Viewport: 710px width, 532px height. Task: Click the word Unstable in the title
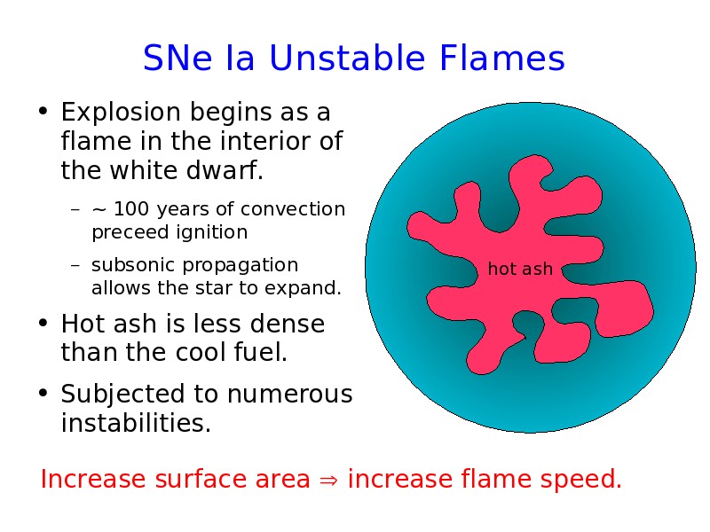point(347,58)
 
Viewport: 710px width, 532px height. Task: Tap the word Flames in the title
point(502,58)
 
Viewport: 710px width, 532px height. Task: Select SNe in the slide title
point(177,58)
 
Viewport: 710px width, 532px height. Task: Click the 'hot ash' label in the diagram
point(520,269)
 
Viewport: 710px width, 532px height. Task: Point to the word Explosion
point(121,113)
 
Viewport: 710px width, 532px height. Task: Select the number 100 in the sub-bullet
point(131,209)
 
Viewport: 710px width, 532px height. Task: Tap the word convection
point(293,209)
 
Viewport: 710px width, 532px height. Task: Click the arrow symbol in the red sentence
point(328,480)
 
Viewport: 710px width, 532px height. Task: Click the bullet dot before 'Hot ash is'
point(43,323)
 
